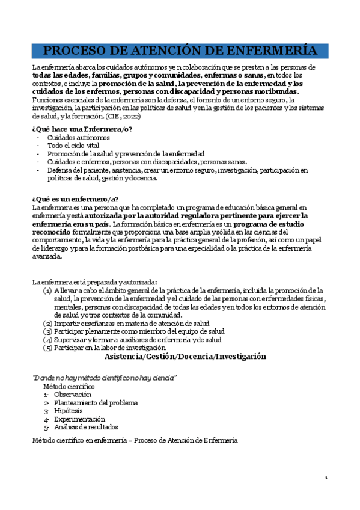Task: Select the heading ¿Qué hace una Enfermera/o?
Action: coord(82,129)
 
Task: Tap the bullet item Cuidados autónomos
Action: coord(78,138)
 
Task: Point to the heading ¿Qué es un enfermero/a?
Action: coord(75,200)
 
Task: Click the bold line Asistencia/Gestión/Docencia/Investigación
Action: coord(185,357)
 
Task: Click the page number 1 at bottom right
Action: coord(326,478)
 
